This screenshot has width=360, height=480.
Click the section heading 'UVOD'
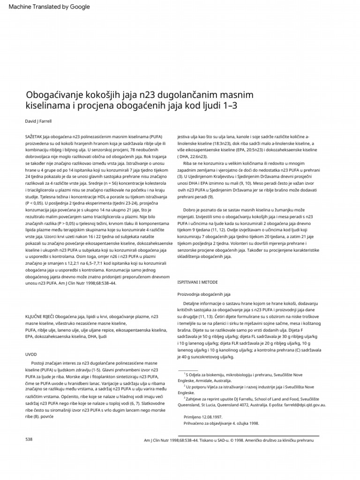click(x=31, y=354)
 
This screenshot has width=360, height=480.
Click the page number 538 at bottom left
click(x=29, y=439)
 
